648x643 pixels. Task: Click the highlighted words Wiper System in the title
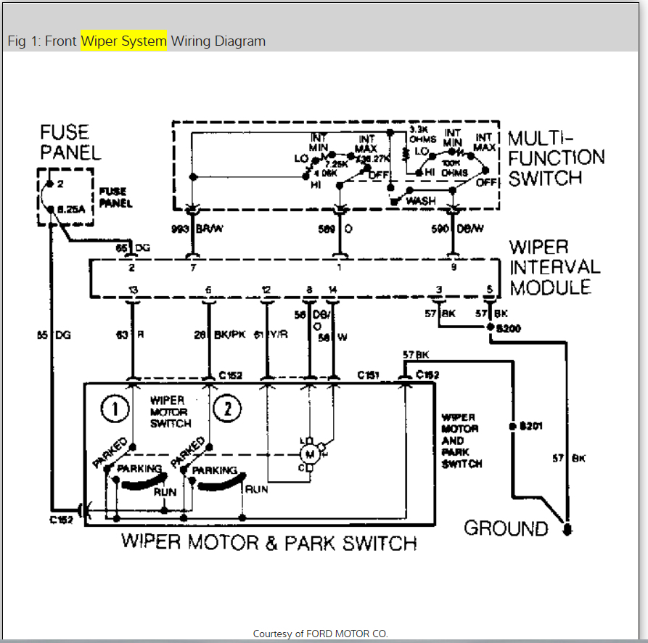tap(123, 41)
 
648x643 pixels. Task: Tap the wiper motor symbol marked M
tap(310, 454)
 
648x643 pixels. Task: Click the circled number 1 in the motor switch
tap(115, 409)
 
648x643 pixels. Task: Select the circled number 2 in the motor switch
tap(227, 409)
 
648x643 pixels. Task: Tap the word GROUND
tap(506, 528)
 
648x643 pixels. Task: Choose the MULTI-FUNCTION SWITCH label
tap(556, 158)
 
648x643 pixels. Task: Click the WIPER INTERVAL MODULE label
tap(554, 267)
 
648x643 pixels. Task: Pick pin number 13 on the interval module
tap(133, 290)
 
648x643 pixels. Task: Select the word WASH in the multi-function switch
tap(420, 200)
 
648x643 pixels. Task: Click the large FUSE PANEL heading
tap(70, 142)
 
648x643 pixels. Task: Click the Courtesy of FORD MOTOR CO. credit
tap(320, 634)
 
